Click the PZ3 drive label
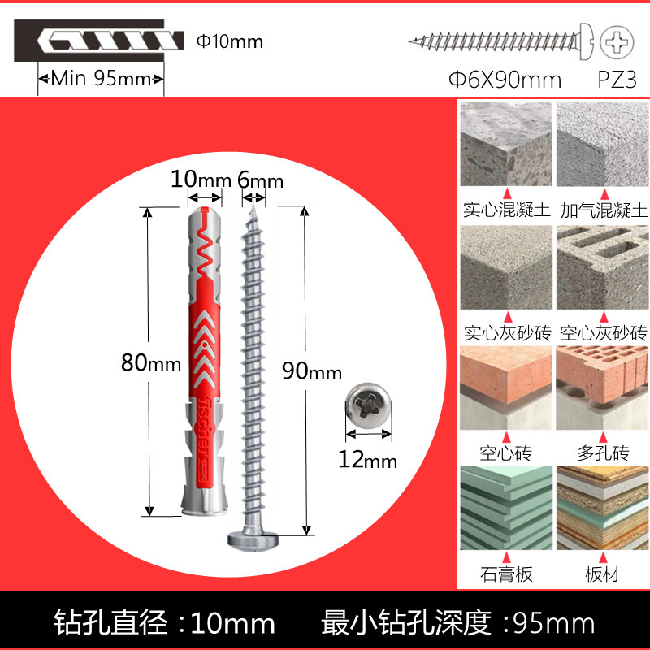(617, 80)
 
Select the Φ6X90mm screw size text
(505, 80)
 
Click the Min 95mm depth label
(102, 79)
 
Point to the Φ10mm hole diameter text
(231, 41)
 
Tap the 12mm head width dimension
(367, 460)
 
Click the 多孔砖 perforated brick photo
(602, 384)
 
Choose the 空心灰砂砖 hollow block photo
(602, 266)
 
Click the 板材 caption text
(602, 574)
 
